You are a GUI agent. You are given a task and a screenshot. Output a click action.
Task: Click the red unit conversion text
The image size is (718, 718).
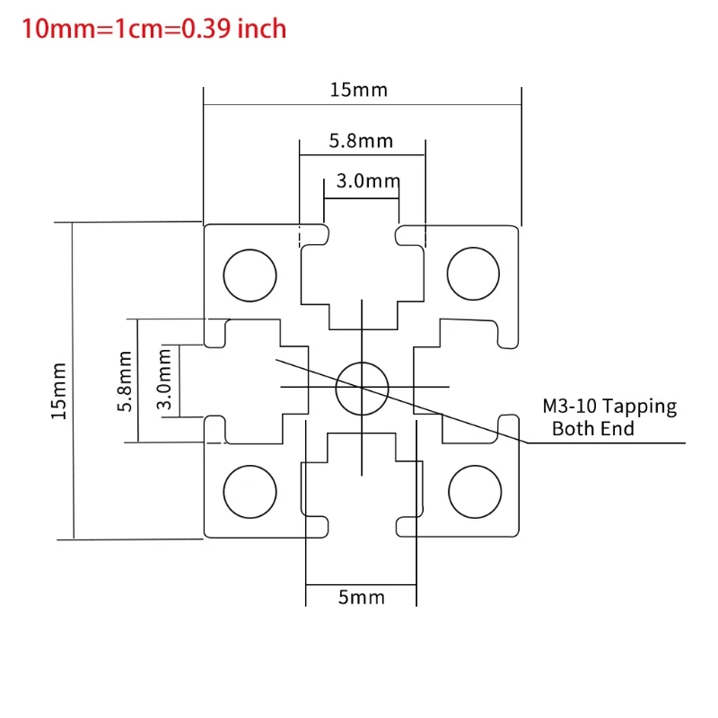pos(154,29)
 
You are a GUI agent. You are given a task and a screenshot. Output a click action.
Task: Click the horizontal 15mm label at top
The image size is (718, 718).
pos(358,90)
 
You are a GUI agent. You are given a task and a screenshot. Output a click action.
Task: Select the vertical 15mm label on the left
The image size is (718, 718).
pos(58,390)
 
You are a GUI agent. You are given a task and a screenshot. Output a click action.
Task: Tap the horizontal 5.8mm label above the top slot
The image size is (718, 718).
pos(361,141)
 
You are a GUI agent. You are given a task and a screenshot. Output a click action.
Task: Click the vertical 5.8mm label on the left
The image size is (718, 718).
pos(125,380)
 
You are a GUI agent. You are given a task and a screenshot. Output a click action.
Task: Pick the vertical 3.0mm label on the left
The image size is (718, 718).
pos(165,380)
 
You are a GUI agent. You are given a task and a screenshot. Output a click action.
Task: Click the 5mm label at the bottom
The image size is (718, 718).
pos(361,597)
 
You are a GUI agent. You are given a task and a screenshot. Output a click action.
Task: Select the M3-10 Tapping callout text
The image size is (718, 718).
pos(609,406)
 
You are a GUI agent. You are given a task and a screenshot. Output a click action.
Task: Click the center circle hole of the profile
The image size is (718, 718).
pos(362,388)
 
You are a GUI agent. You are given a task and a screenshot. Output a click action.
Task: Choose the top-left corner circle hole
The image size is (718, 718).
pos(250,275)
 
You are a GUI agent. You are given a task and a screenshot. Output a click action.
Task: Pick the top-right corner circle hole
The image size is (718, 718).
pos(473,275)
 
